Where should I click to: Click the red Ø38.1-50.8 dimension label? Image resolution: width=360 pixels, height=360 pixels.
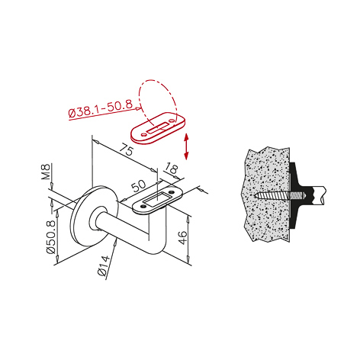101,109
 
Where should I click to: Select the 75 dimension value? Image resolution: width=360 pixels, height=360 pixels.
127,149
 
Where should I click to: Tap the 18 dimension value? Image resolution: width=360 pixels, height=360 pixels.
172,169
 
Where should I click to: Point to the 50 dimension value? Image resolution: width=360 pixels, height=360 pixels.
139,186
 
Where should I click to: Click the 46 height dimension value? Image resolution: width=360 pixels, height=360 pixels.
182,238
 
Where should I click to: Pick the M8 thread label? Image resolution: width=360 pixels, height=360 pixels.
46,172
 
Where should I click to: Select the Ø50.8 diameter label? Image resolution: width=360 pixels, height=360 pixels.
51,237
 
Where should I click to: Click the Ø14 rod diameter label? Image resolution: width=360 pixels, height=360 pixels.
104,265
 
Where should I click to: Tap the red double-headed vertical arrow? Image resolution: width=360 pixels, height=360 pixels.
186,146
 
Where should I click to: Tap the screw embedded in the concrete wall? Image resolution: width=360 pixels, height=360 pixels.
280,196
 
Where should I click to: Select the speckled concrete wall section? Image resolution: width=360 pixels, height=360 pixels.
265,194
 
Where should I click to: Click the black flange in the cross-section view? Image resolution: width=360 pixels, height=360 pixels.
297,195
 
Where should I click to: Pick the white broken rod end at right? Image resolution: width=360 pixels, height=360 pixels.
319,195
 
